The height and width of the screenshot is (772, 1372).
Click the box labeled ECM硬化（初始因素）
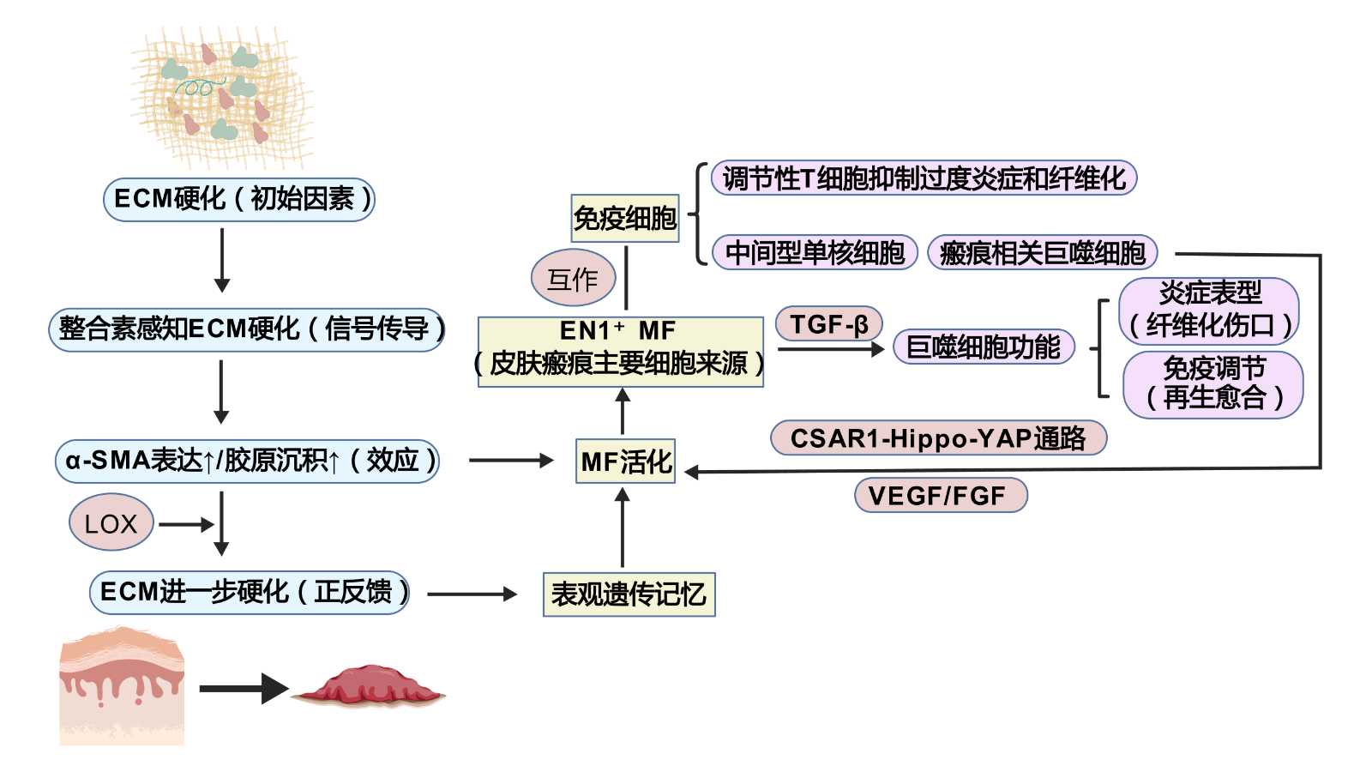(x=239, y=199)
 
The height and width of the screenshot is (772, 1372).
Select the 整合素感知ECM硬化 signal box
(x=247, y=329)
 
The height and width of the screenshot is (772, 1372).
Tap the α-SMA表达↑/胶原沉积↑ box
(x=247, y=461)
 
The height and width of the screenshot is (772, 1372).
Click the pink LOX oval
(x=111, y=522)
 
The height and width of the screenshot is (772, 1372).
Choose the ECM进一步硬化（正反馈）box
(x=250, y=593)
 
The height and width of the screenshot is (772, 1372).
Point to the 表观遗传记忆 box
(x=629, y=594)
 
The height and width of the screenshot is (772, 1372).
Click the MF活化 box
(x=625, y=461)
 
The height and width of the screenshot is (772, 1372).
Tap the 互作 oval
(x=573, y=278)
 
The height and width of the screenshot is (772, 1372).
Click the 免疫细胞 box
(x=625, y=218)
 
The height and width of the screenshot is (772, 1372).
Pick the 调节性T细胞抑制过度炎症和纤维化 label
(x=924, y=178)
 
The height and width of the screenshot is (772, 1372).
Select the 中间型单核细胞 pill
(x=815, y=252)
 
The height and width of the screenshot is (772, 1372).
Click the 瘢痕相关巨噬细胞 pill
(x=1042, y=252)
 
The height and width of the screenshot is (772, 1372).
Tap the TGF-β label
(x=828, y=324)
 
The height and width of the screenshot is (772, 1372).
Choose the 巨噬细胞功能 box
(x=984, y=347)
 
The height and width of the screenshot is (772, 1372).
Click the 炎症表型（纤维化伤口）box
(x=1209, y=310)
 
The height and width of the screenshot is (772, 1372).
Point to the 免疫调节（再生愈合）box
(x=1213, y=383)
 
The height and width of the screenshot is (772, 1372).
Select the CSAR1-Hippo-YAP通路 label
(x=938, y=438)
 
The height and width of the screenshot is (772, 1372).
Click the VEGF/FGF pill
(x=940, y=495)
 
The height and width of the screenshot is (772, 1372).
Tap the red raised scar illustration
(x=369, y=686)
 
